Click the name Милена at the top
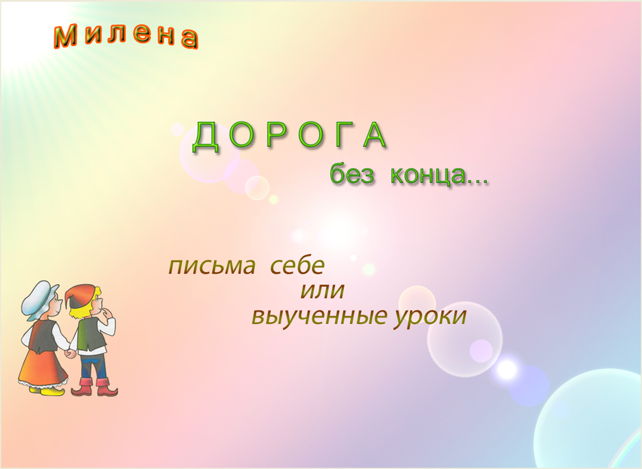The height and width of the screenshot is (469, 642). coord(126,36)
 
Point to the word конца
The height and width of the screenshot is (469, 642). coord(428,175)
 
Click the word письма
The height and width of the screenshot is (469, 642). coord(212,266)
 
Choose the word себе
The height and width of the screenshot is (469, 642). coord(297,265)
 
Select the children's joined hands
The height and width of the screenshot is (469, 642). coord(71,353)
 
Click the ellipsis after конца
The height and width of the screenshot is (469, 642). coord(478,182)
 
